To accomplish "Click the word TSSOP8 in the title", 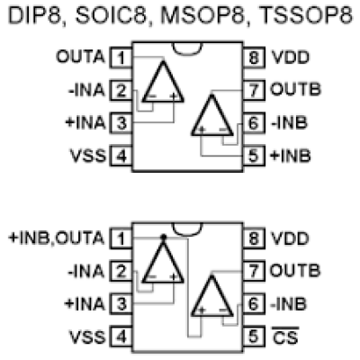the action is (x=307, y=15).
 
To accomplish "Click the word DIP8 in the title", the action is (x=35, y=15).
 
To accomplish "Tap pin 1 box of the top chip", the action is (x=121, y=58).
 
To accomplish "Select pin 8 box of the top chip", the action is (x=254, y=58).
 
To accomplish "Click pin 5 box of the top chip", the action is (x=254, y=156).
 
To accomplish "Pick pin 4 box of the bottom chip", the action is (x=121, y=337).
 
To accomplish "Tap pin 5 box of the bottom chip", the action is (x=254, y=337).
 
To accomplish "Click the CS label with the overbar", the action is (x=285, y=336).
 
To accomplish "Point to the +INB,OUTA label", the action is (x=57, y=238).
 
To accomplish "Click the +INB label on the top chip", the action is (x=291, y=156).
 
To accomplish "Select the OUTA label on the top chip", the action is (x=80, y=57).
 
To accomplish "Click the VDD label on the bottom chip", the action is (x=290, y=238).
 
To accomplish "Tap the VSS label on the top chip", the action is (x=88, y=156).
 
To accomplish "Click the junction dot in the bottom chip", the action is (x=163, y=237).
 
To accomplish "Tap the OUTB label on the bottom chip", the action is (x=295, y=270).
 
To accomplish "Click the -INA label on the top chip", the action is (x=86, y=90).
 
